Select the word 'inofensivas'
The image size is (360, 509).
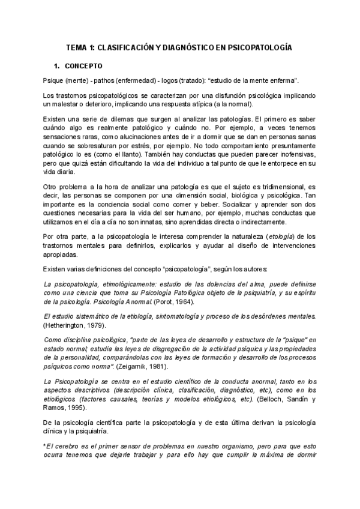click(x=295, y=153)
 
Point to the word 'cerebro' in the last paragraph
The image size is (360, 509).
click(x=71, y=447)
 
